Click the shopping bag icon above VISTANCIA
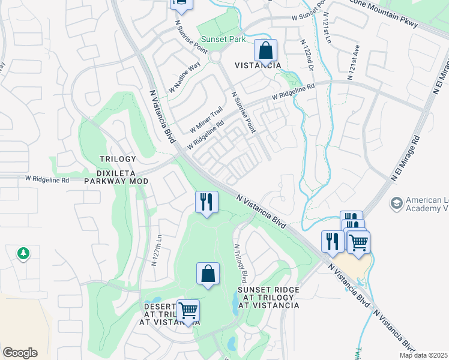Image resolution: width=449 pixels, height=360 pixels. coord(265,50)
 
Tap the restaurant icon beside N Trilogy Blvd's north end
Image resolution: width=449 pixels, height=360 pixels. coord(206,202)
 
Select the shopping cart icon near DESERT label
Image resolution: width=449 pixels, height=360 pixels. coord(188,311)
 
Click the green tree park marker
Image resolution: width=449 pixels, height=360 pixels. coord(23,254)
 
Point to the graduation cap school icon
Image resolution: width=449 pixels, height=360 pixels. coord(396,203)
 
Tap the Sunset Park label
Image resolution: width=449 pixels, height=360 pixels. coord(223,39)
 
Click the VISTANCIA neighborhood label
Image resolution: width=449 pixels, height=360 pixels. coord(258,65)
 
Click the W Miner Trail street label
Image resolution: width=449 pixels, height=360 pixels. coord(206,119)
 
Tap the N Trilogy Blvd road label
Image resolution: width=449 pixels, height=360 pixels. coord(241,263)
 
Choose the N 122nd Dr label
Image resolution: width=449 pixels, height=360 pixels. coord(307,56)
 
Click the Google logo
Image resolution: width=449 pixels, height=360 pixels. coord(20,353)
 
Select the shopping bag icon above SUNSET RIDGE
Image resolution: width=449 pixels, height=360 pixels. coord(207,274)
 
